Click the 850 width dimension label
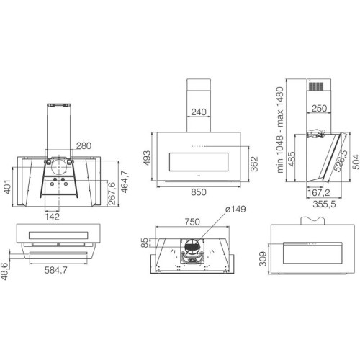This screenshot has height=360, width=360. (x=199, y=192)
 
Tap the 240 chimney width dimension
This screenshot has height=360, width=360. (x=199, y=112)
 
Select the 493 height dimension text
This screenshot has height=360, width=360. (x=147, y=158)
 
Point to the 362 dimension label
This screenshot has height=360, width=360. (x=254, y=164)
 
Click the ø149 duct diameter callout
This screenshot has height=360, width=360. (x=235, y=210)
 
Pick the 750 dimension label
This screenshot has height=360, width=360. (x=192, y=222)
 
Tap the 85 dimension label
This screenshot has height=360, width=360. (x=145, y=243)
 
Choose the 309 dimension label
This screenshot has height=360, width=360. (x=264, y=259)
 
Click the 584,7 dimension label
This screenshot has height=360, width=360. (x=55, y=270)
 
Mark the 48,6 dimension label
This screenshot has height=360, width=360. (x=5, y=271)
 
